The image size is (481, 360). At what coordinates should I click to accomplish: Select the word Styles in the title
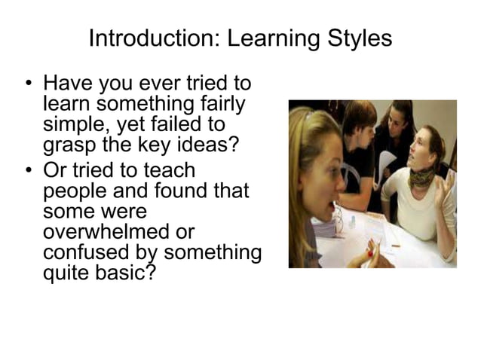360,38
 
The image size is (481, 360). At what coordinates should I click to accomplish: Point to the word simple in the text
72,124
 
